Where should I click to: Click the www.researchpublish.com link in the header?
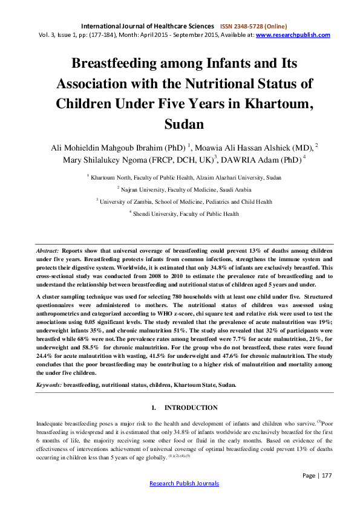tap(293, 35)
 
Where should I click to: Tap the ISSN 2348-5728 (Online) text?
tap(253, 27)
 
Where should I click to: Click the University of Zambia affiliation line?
tap(184, 201)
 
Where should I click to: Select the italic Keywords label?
tap(49, 384)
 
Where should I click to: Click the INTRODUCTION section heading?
tap(191, 408)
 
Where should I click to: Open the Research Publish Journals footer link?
tap(184, 484)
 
